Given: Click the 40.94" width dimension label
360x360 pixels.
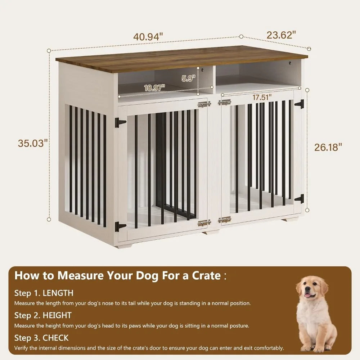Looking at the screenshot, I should [148, 37].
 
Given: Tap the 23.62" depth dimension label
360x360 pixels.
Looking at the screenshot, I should [281, 35].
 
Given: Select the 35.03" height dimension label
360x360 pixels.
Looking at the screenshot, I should [33, 143].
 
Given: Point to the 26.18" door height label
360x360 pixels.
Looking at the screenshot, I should [328, 148].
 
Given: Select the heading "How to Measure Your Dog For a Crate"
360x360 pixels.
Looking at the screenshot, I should [117, 276].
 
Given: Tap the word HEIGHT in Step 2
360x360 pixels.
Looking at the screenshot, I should [57, 315].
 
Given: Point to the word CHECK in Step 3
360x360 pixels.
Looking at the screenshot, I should [55, 338].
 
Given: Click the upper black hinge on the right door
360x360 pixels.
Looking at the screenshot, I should [300, 104].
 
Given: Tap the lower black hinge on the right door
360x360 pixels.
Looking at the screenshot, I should [300, 198].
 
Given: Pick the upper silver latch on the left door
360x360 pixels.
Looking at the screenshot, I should [204, 104].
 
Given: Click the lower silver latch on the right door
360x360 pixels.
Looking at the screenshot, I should [224, 219].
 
